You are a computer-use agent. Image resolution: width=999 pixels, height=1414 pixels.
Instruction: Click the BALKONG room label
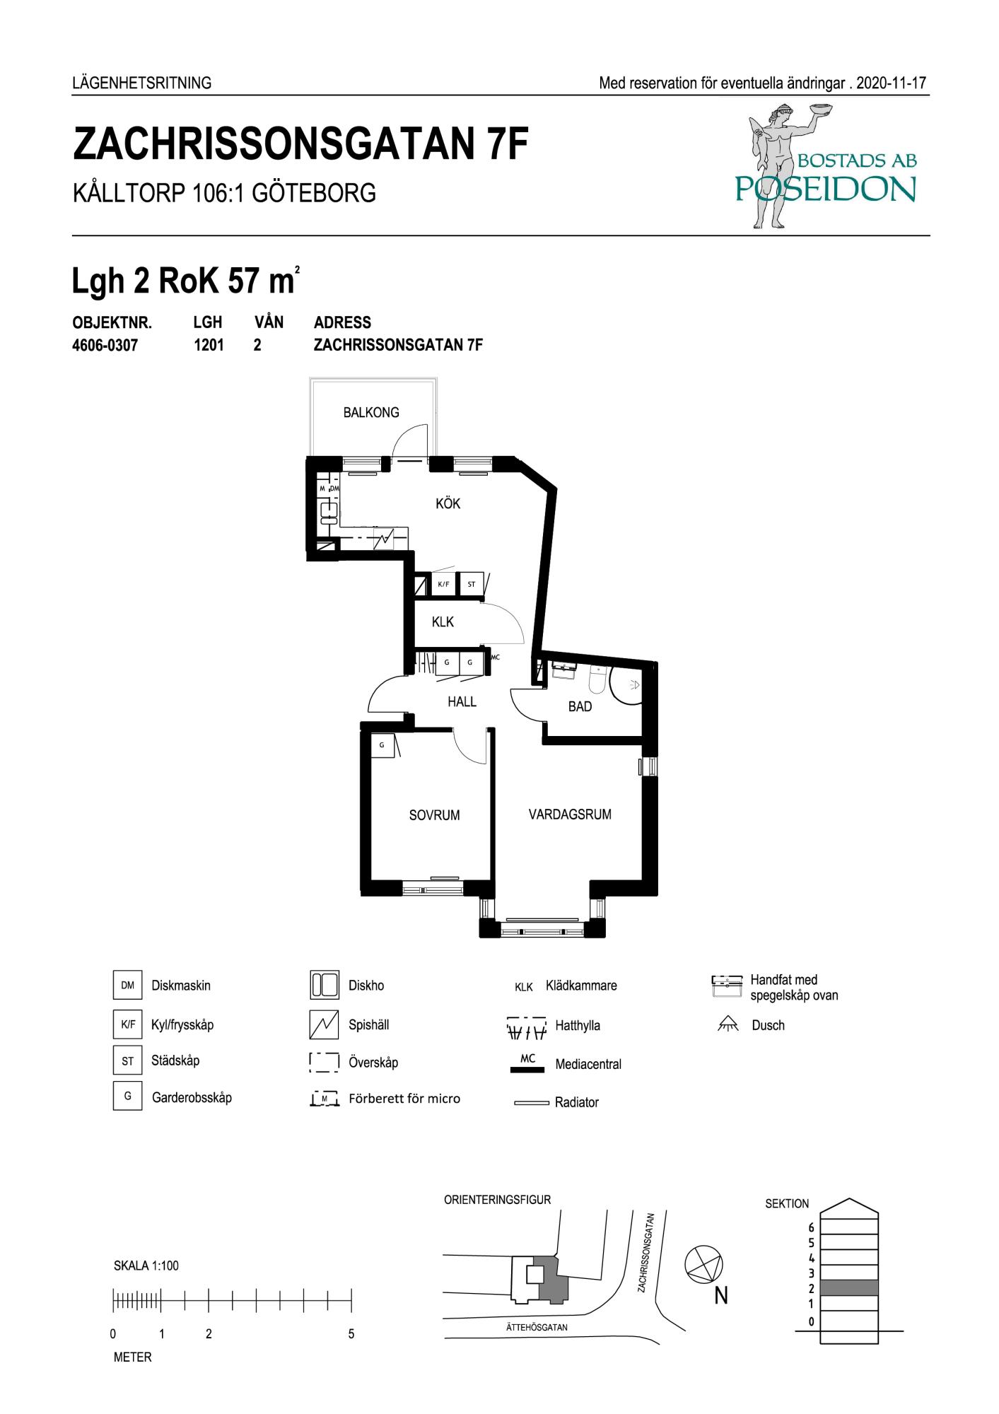point(371,412)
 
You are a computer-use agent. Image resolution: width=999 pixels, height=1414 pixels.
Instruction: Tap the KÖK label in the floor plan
point(448,503)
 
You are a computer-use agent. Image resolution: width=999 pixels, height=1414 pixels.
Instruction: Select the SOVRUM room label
point(434,815)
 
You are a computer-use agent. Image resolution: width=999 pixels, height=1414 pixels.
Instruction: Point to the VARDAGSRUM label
point(570,814)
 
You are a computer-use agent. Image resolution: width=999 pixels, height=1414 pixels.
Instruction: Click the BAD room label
point(580,706)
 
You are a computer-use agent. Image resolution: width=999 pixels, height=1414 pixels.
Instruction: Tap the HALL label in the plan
point(462,702)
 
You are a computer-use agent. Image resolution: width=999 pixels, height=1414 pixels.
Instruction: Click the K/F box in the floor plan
point(443,584)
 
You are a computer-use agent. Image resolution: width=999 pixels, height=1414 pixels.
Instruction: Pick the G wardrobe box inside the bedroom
point(382,745)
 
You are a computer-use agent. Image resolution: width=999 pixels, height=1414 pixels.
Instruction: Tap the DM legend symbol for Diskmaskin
point(127,985)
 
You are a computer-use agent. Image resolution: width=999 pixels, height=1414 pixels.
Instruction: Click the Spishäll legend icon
point(324,1024)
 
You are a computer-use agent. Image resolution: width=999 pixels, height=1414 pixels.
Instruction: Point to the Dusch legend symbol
point(728,1024)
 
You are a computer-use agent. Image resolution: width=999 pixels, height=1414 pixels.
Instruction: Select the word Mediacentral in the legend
point(588,1064)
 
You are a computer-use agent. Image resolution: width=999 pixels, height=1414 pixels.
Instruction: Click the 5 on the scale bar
point(351,1335)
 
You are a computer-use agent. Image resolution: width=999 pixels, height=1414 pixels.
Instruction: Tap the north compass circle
point(705,1263)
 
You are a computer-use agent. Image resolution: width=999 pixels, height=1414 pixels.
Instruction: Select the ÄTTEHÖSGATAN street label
point(537,1327)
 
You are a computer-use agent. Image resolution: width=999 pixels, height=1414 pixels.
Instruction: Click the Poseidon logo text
point(826,189)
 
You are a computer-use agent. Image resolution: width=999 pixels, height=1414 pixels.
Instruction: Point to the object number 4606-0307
point(105,346)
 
